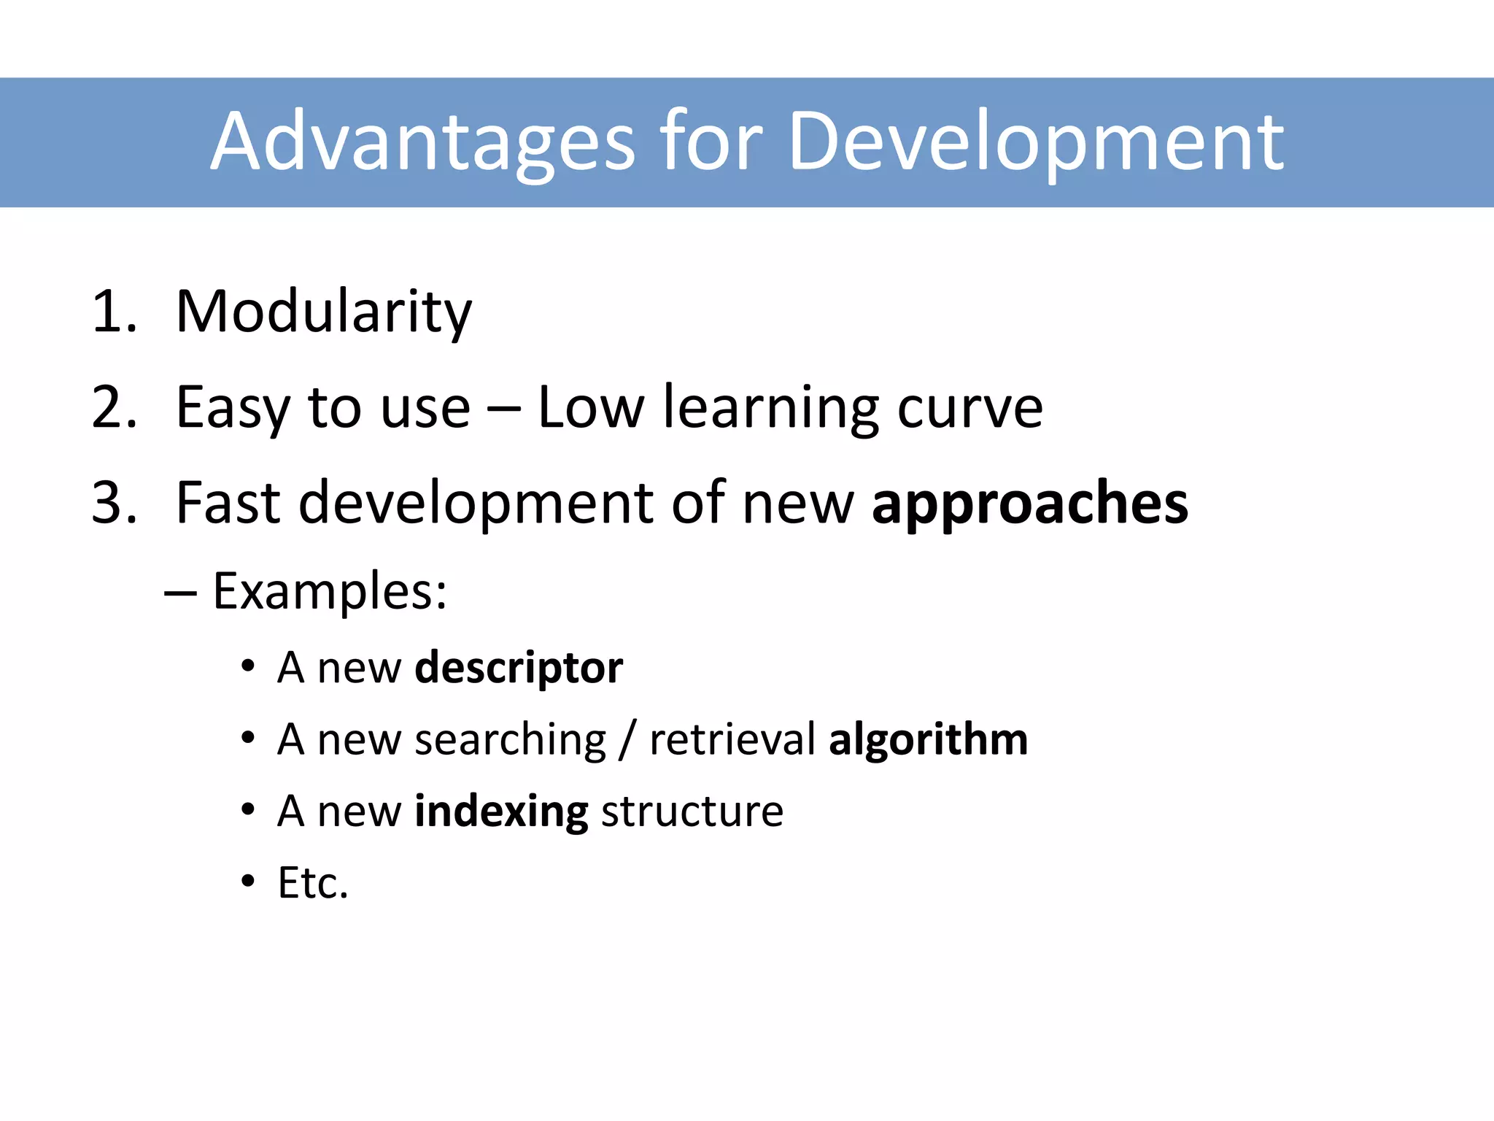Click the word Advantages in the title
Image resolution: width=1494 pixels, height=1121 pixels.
423,142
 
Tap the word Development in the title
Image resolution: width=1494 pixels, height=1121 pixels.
1036,142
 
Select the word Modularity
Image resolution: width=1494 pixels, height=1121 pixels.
324,312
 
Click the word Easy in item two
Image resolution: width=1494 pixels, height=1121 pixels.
233,409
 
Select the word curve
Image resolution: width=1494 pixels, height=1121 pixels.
969,409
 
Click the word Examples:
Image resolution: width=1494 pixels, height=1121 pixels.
330,591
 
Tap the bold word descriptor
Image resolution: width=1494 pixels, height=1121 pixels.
519,668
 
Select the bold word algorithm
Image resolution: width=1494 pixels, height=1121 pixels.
929,740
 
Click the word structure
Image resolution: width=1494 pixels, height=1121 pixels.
692,811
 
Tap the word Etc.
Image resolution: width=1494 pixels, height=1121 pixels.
313,883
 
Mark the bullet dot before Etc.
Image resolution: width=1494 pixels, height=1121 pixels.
249,882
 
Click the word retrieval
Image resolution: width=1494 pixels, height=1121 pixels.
732,739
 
